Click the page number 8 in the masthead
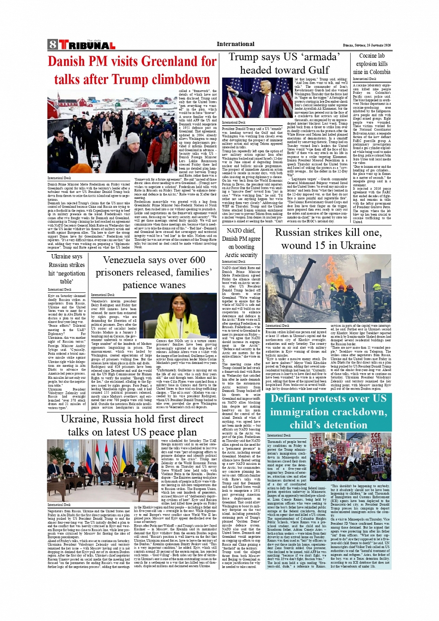52,45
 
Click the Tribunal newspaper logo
87,45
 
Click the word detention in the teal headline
341,425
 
